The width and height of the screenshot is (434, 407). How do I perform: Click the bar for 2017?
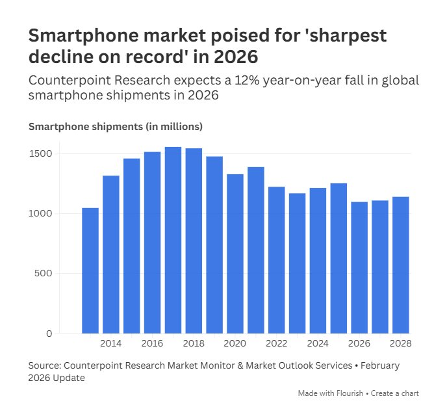pos(173,240)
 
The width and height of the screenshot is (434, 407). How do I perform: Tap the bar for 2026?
pos(359,267)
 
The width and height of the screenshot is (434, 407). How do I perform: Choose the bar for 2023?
pos(298,263)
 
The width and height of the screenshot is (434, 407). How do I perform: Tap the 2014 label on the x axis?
pos(111,343)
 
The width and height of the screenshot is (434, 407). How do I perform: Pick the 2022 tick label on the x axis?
pos(277,343)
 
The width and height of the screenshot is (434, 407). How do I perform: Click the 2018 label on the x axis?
pos(194,343)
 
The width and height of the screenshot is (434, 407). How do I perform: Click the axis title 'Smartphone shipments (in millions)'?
pos(116,126)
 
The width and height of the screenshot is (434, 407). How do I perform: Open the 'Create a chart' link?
pos(396,393)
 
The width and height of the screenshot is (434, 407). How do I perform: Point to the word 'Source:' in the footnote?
pos(46,366)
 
